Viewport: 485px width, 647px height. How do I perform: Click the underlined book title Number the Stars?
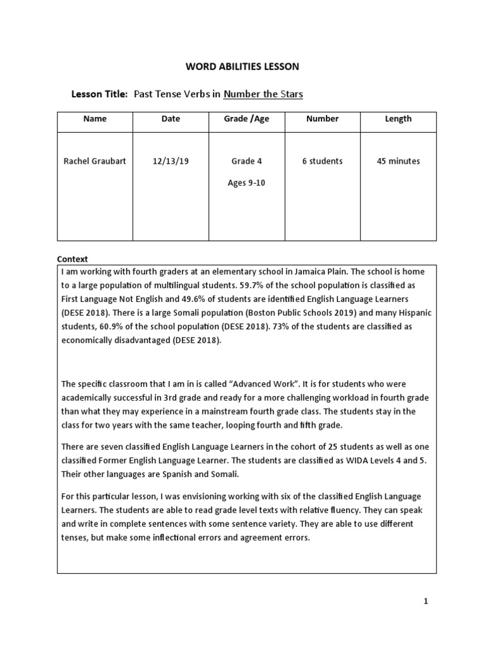tap(263, 94)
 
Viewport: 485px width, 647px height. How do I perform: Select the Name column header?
tap(95, 119)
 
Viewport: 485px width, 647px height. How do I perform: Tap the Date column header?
tap(171, 119)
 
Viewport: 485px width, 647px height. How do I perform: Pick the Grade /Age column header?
tap(246, 119)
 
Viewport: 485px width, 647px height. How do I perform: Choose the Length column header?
tap(398, 119)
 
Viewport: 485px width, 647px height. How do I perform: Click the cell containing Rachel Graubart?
tap(95, 161)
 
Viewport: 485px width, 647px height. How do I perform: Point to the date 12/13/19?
tap(171, 161)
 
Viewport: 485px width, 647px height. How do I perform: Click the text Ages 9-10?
tap(246, 184)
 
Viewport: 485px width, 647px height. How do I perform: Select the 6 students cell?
tap(322, 161)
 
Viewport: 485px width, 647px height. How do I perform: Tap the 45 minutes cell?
tap(398, 161)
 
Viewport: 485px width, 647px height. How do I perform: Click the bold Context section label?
tap(73, 259)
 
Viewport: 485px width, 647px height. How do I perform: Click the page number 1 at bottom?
tap(426, 602)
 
